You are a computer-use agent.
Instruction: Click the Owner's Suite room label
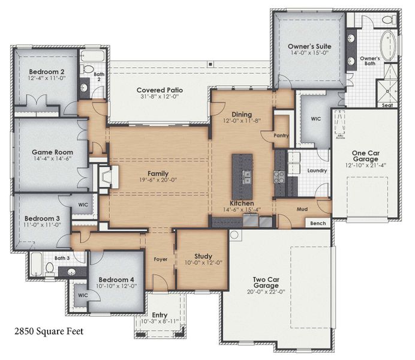(309, 46)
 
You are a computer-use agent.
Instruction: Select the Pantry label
(281, 136)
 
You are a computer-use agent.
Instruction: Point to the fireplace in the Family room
(106, 178)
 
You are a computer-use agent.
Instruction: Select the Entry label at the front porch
(160, 314)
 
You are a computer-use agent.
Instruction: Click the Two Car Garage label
(267, 282)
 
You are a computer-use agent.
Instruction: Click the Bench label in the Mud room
(318, 224)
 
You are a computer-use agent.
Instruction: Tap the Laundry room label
(317, 170)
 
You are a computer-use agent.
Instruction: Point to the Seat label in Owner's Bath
(387, 105)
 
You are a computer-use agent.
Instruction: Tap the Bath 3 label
(62, 259)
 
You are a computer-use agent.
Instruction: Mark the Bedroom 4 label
(116, 279)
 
